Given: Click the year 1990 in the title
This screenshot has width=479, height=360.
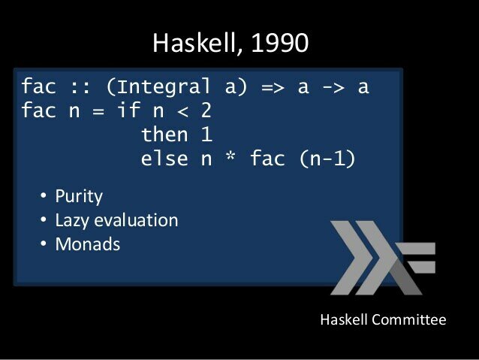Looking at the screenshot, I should pyautogui.click(x=279, y=43).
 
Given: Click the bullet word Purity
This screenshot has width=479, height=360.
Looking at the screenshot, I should pyautogui.click(x=78, y=197).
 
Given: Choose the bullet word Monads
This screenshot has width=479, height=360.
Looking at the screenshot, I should pyautogui.click(x=87, y=244).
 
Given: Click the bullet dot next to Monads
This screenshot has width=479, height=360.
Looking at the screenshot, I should pyautogui.click(x=43, y=245).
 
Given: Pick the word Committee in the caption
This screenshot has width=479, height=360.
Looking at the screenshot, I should pyautogui.click(x=410, y=320).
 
